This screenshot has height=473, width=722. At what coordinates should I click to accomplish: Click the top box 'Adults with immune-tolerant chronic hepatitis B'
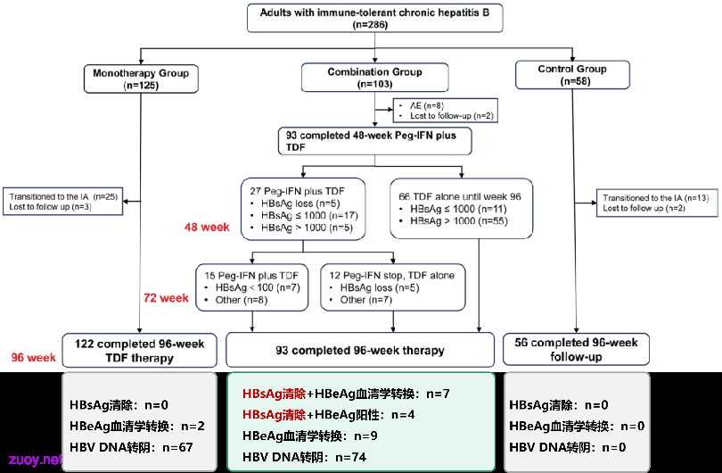[x=374, y=18]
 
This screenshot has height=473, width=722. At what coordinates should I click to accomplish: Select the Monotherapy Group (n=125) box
[x=141, y=79]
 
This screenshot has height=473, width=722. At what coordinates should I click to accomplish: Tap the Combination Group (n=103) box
[x=374, y=78]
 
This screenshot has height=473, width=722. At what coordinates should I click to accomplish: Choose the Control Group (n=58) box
[x=572, y=75]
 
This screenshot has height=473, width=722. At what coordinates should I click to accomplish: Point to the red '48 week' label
[x=207, y=227]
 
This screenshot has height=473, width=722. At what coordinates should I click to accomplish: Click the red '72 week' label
[x=166, y=298]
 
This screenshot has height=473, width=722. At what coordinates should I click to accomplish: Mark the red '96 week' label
[x=33, y=357]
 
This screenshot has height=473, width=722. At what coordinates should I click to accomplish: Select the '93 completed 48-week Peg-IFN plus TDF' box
[x=374, y=141]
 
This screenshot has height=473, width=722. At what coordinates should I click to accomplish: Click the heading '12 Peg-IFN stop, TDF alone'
[x=392, y=275]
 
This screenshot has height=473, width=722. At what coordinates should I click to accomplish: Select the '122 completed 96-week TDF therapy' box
[x=140, y=351]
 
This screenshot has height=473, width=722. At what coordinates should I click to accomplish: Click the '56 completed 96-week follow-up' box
[x=576, y=350]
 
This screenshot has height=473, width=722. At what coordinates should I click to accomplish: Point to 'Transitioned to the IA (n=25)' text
[x=63, y=197]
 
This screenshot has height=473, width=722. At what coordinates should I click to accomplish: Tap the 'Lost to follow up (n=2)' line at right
[x=644, y=208]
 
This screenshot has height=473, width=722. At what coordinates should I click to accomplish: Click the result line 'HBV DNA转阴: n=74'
[x=304, y=457]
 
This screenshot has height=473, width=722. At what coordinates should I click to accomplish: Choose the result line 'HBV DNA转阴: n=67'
[x=131, y=447]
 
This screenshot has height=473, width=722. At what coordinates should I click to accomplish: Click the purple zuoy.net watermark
[x=35, y=460]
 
